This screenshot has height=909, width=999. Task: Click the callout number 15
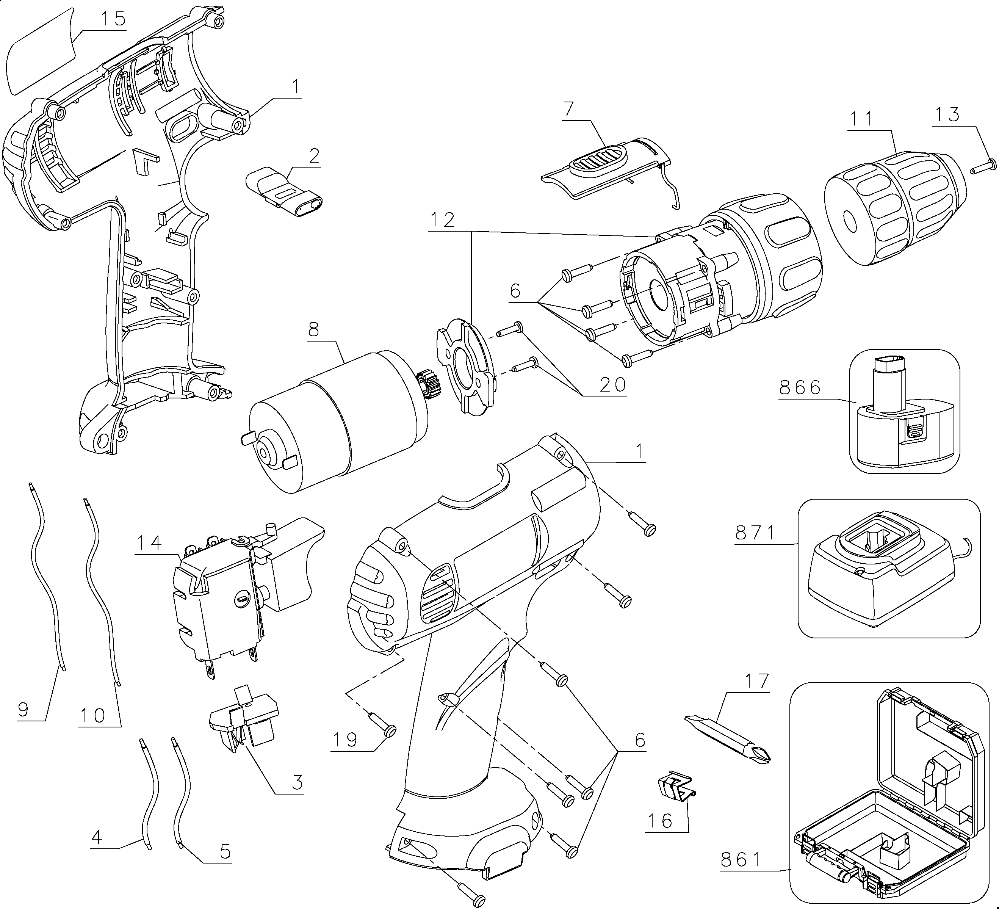(113, 19)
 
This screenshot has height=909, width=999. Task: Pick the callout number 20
(612, 385)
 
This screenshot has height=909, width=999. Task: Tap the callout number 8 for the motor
(314, 330)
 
